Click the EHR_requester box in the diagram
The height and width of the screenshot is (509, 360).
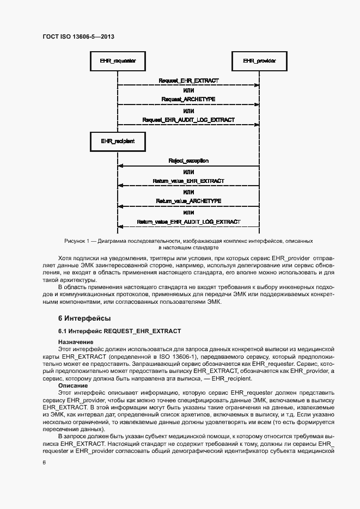(118, 61)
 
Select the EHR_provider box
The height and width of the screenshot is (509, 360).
(259, 61)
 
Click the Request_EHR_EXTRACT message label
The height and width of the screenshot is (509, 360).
(188, 81)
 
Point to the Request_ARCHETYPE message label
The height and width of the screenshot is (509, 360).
(188, 100)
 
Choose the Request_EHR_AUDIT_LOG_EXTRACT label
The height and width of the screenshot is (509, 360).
(188, 119)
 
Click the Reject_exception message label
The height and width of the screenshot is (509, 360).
(188, 161)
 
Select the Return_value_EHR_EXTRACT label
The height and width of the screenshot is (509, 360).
(188, 181)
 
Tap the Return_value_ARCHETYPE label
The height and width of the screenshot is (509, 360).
(188, 201)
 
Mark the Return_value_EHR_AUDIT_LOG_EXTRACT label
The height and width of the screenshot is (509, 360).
(188, 222)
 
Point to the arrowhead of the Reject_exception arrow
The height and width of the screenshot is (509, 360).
(121, 165)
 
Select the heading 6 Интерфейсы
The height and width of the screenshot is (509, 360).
(84, 317)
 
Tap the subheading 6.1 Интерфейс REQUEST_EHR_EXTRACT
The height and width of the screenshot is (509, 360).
(120, 331)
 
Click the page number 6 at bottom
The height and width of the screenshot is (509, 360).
(44, 462)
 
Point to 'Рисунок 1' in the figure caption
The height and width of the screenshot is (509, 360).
(78, 240)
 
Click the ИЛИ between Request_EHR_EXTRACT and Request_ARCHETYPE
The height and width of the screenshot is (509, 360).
(188, 90)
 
